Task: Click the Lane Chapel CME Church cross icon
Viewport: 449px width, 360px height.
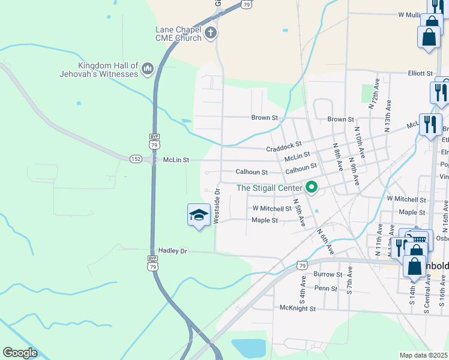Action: [210, 34]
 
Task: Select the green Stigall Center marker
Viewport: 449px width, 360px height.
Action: [312, 188]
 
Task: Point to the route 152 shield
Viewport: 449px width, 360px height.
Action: [136, 158]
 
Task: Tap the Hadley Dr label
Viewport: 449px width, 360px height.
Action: [173, 251]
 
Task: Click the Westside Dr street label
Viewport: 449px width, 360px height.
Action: [217, 208]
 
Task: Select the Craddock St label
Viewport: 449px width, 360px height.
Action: [282, 147]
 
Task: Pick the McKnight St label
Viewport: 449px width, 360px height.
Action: [298, 308]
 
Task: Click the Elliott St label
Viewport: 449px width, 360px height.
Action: [420, 73]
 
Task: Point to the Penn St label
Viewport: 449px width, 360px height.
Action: [327, 289]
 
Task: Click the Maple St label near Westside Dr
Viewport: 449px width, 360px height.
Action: [265, 220]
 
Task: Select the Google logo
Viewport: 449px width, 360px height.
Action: [20, 353]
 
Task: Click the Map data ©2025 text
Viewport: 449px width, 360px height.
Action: [424, 355]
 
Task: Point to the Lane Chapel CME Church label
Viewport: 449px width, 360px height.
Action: [176, 34]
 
